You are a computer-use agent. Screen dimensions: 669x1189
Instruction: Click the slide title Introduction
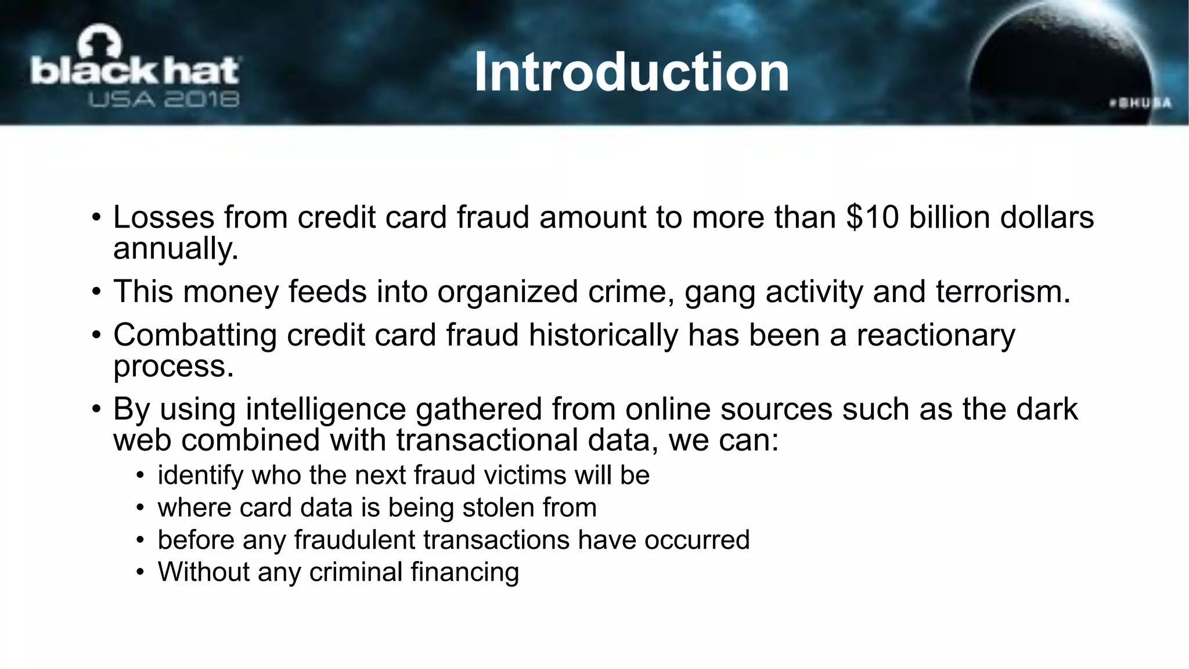631,72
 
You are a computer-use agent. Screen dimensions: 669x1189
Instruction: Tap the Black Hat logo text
135,71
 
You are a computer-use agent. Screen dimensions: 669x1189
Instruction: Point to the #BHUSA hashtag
1140,103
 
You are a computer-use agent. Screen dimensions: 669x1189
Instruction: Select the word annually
175,249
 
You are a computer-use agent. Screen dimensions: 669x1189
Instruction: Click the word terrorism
1003,291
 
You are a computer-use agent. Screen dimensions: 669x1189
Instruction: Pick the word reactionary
936,335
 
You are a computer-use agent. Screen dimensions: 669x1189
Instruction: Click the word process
173,366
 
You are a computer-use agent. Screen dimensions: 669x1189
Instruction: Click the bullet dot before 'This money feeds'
96,292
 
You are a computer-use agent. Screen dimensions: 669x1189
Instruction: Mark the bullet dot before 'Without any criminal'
140,573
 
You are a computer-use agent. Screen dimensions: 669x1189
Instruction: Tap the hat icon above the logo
100,44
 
